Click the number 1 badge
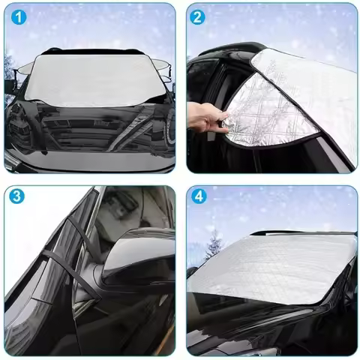click(x=17, y=17)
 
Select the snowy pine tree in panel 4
click(x=214, y=244)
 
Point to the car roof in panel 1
click(x=94, y=51)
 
